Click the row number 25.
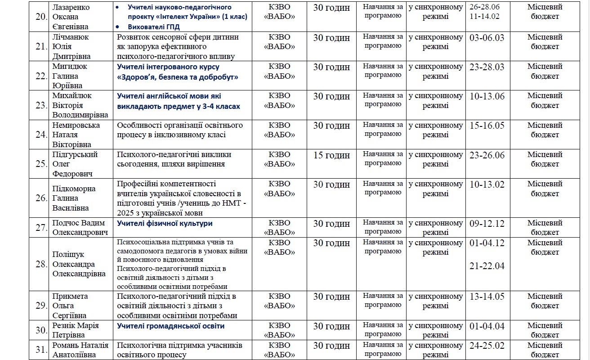pos(41,164)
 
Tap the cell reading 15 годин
pos(331,155)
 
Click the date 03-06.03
pos(487,38)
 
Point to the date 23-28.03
pos(487,67)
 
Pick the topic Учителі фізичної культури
pos(165,223)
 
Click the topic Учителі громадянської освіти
pos(170,326)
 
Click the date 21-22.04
pos(487,266)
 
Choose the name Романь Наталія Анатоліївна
pos(80,350)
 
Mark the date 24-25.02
pos(487,346)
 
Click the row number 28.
pos(41,264)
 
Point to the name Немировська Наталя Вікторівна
pos(76,135)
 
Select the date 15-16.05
pos(487,126)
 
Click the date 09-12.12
pos(487,223)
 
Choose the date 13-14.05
pos(487,297)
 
